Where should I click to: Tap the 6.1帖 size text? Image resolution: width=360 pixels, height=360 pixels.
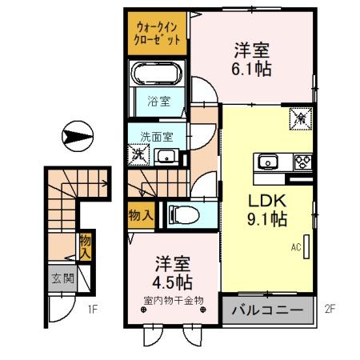coord(252,69)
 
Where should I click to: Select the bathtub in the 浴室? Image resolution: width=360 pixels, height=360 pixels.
coord(157,78)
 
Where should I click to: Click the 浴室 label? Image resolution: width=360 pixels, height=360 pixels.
coord(158,102)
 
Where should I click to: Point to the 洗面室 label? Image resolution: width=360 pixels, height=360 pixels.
coord(157,136)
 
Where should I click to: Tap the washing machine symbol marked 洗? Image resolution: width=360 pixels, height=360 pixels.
coord(138,154)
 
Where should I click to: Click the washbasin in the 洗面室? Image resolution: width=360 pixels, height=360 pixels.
coord(166,155)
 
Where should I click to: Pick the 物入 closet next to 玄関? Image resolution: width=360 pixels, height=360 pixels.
coord(84,245)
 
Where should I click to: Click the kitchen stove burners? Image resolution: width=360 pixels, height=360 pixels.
coord(302,162)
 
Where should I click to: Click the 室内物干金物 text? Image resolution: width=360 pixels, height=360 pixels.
coord(174,301)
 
